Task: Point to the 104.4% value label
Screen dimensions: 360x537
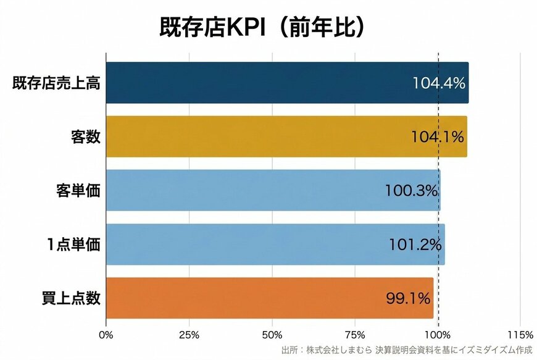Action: [x=438, y=83]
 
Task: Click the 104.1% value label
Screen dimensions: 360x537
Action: [x=437, y=137]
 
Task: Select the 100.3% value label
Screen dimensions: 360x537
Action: [x=411, y=191]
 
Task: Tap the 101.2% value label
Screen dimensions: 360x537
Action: [x=415, y=245]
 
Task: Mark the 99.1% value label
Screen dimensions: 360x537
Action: [x=407, y=299]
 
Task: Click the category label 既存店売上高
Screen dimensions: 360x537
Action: [x=56, y=83]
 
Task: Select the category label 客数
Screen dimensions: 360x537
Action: [x=85, y=137]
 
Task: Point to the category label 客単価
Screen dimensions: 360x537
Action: [x=77, y=191]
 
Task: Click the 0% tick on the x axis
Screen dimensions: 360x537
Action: [x=106, y=335]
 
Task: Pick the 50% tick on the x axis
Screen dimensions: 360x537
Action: [x=272, y=335]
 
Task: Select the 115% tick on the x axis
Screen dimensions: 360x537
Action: [x=520, y=335]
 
